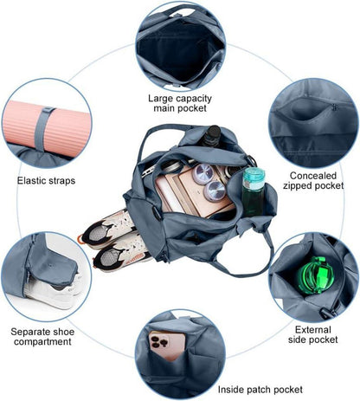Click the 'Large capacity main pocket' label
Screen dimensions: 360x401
(x=180, y=103)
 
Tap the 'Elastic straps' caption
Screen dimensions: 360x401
(x=46, y=181)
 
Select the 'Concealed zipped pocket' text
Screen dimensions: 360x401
(x=313, y=180)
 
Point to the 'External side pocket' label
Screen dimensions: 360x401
(x=313, y=334)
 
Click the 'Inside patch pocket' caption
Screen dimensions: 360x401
(x=260, y=390)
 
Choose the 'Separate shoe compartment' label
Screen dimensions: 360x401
(x=42, y=337)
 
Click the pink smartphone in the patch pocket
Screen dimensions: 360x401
(x=168, y=346)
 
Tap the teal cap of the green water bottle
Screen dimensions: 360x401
(x=254, y=175)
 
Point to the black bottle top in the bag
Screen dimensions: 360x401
(x=213, y=133)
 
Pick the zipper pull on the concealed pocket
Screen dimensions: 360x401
(x=334, y=107)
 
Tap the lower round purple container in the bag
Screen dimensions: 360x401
(x=215, y=191)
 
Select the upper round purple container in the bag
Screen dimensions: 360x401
(x=203, y=174)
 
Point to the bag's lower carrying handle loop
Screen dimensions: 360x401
(x=244, y=262)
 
